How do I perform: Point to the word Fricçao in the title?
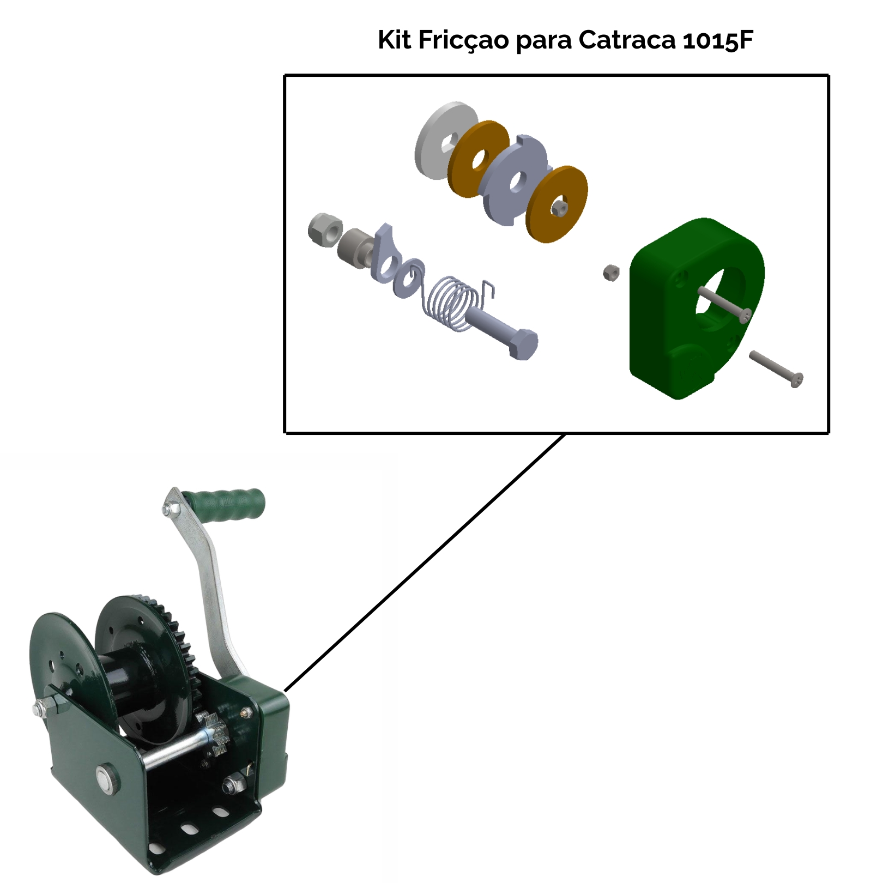click(x=463, y=41)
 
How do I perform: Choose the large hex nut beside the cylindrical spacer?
click(x=325, y=229)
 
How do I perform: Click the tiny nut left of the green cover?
click(x=611, y=272)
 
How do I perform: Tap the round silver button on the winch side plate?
click(x=106, y=777)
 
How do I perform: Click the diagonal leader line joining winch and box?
click(x=425, y=561)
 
